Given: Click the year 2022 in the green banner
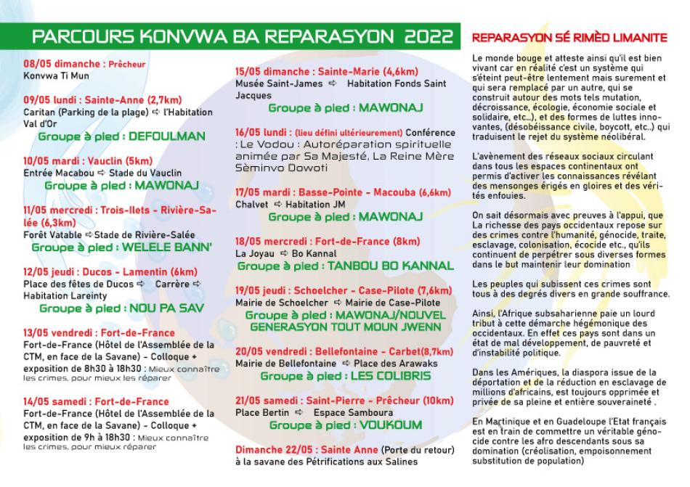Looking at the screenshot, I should [x=429, y=36].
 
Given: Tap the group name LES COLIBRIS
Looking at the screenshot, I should [x=389, y=376].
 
